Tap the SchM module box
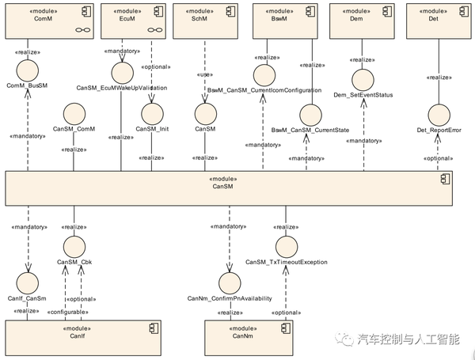tap(202, 21)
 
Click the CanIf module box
tap(83, 333)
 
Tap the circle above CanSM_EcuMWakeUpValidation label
tap(121, 74)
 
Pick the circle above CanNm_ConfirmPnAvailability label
tap(230, 282)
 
